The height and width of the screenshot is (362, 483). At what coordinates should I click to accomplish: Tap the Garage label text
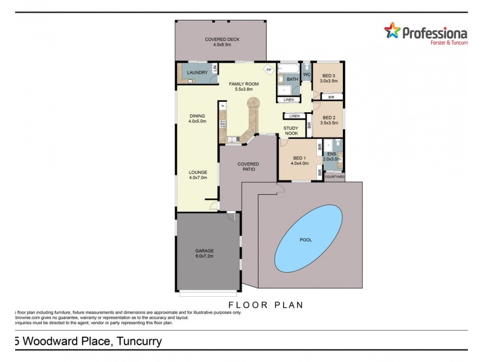[204, 253]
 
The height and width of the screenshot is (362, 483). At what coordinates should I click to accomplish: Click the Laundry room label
[197, 73]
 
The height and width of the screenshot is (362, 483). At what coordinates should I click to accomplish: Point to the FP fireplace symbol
[268, 69]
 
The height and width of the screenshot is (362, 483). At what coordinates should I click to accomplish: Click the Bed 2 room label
[329, 120]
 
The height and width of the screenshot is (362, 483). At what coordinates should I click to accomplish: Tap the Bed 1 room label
[299, 160]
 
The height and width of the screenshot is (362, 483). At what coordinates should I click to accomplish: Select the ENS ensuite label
[331, 157]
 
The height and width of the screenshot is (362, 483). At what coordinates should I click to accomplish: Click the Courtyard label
[334, 177]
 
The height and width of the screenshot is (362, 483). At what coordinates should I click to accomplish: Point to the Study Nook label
[292, 131]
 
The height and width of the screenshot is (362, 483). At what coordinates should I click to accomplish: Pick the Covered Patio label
[248, 167]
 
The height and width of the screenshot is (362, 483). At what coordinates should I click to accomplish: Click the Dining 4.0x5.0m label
[197, 118]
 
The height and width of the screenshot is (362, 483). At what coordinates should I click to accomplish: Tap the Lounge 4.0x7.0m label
[197, 175]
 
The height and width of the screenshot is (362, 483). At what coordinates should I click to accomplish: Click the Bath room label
[292, 80]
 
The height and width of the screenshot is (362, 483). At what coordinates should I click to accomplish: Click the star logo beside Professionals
[393, 31]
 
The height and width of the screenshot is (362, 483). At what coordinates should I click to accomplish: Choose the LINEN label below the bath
[289, 100]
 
